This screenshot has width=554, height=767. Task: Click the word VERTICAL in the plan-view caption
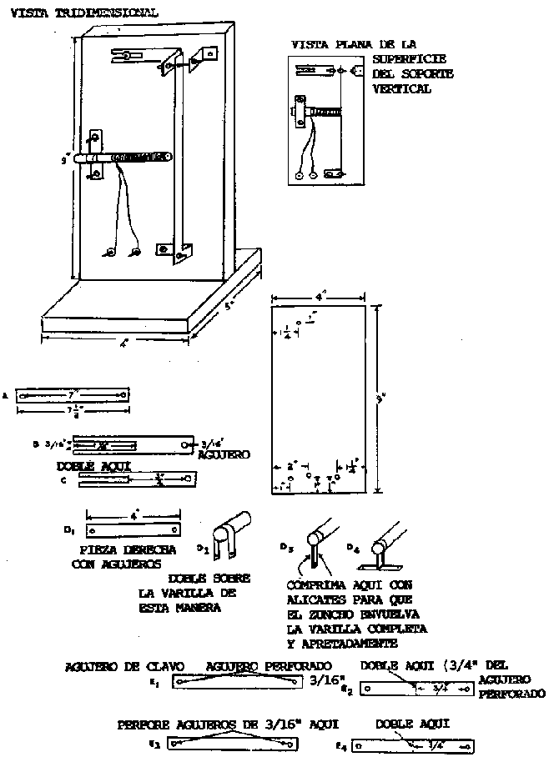pyautogui.click(x=403, y=88)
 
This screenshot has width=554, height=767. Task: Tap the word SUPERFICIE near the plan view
pyautogui.click(x=408, y=58)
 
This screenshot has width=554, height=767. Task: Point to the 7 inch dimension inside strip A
pyautogui.click(x=73, y=392)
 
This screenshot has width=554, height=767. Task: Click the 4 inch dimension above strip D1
pyautogui.click(x=133, y=516)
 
